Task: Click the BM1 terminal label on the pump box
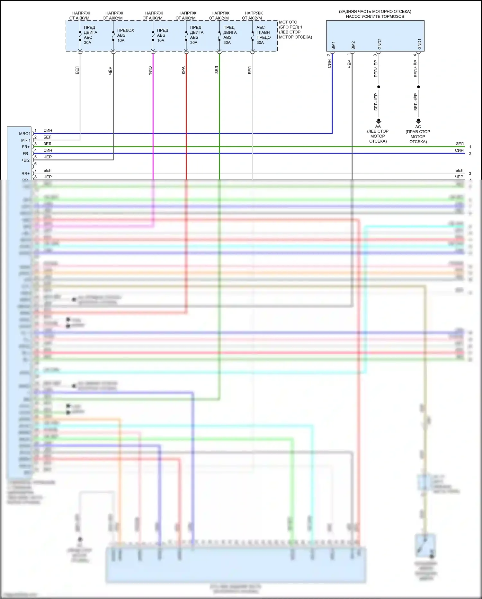click(x=333, y=45)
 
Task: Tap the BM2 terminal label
click(x=353, y=45)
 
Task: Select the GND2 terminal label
click(x=379, y=44)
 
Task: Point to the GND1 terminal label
click(x=419, y=44)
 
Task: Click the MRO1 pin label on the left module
click(x=25, y=134)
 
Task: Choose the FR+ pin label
click(x=26, y=147)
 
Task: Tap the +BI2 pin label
click(x=25, y=160)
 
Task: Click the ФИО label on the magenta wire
click(x=150, y=70)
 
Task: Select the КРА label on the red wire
click(x=183, y=70)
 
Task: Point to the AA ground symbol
click(x=379, y=121)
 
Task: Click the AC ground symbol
click(x=418, y=121)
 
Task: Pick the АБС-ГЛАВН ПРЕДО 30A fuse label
click(x=263, y=35)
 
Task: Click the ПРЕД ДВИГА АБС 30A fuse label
click(x=90, y=35)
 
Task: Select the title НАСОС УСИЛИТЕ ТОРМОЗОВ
click(x=375, y=16)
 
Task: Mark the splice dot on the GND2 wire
click(x=379, y=87)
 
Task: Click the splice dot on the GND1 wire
click(x=418, y=87)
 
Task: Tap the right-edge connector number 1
click(x=470, y=147)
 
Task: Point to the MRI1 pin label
click(x=26, y=140)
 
